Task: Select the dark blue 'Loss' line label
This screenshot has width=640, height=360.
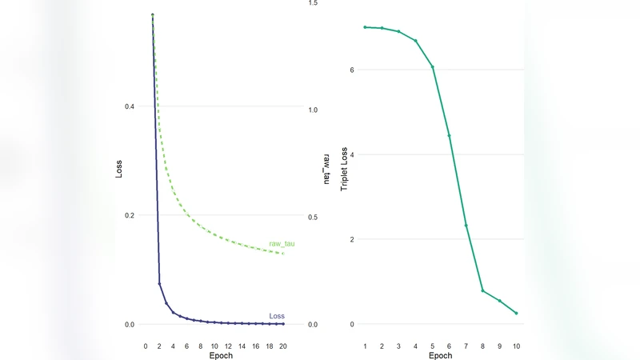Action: point(277,315)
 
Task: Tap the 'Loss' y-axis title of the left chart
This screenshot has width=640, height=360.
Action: point(119,169)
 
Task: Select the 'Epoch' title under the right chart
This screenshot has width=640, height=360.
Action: point(441,355)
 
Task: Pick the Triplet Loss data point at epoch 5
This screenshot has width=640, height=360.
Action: point(433,67)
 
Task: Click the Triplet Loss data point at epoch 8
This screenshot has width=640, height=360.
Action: point(482,290)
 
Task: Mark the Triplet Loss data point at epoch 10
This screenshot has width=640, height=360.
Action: point(517,314)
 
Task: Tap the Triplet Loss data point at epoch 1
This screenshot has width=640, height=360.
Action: point(365,27)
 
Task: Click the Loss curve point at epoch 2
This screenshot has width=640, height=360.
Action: point(159,283)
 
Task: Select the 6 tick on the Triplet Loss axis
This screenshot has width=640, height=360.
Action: point(351,70)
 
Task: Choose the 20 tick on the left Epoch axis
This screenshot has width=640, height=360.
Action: point(283,346)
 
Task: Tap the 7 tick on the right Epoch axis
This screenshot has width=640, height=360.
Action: point(466,346)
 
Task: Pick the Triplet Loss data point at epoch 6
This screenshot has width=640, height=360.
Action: point(449,135)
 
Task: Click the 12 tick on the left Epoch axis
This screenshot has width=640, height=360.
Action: point(228,346)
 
